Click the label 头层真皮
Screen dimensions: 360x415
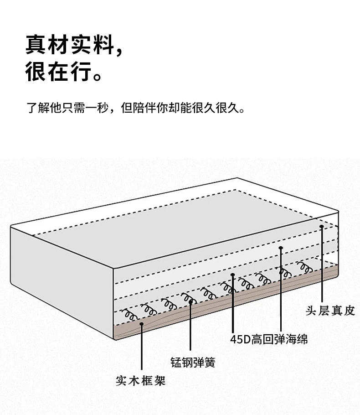(330, 311)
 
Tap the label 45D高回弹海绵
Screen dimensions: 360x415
(269, 339)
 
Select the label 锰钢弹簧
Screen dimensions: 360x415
(193, 363)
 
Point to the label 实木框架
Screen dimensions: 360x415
(141, 381)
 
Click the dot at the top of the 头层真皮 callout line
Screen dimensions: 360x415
(322, 227)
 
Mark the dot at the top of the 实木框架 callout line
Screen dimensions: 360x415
(142, 324)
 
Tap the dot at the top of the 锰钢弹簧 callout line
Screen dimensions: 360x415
(190, 302)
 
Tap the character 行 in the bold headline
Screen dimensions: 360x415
(81, 72)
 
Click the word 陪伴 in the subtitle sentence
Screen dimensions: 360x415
(144, 108)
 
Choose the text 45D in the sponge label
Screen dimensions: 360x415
(240, 339)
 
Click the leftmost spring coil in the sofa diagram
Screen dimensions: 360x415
(129, 314)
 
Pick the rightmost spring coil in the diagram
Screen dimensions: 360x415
(304, 267)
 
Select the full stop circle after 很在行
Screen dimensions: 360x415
(98, 77)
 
